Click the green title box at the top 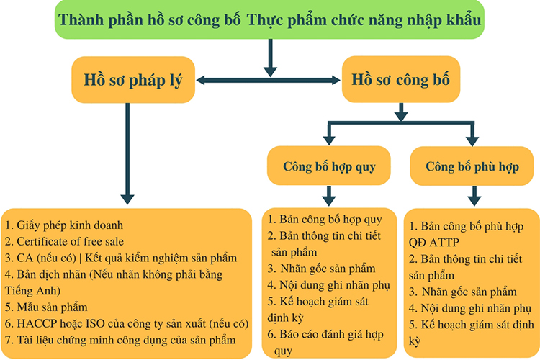[x=270, y=19]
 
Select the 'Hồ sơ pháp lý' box [x=133, y=80]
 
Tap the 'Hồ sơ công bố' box [x=401, y=79]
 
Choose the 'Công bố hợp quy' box [x=329, y=166]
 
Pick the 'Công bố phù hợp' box [x=472, y=166]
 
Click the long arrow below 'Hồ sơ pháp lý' [x=127, y=153]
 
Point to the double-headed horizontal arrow [x=269, y=80]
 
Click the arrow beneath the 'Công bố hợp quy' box [x=329, y=196]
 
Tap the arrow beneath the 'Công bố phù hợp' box [x=474, y=197]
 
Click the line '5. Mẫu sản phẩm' [x=46, y=307]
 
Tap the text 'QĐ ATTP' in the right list [x=434, y=243]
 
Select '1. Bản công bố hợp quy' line [x=325, y=220]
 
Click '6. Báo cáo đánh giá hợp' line [x=325, y=334]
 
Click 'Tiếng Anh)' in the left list [x=32, y=291]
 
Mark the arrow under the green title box [x=270, y=58]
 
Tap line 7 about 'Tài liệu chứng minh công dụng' [x=120, y=341]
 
